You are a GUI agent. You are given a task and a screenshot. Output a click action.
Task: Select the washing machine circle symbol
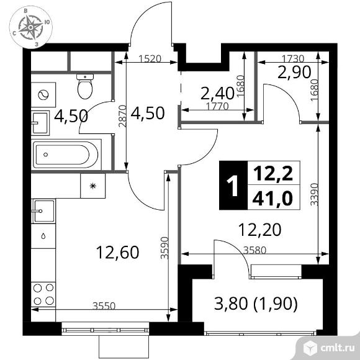[x=43, y=94]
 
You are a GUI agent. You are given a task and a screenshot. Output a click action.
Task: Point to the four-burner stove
[x=42, y=294]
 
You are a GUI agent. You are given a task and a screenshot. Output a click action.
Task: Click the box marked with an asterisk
[x=92, y=186]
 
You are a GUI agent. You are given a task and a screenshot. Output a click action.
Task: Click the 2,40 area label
[x=217, y=94]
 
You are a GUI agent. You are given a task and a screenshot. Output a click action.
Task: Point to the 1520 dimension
[x=150, y=60]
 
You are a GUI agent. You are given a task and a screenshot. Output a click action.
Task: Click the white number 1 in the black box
[x=233, y=186]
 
